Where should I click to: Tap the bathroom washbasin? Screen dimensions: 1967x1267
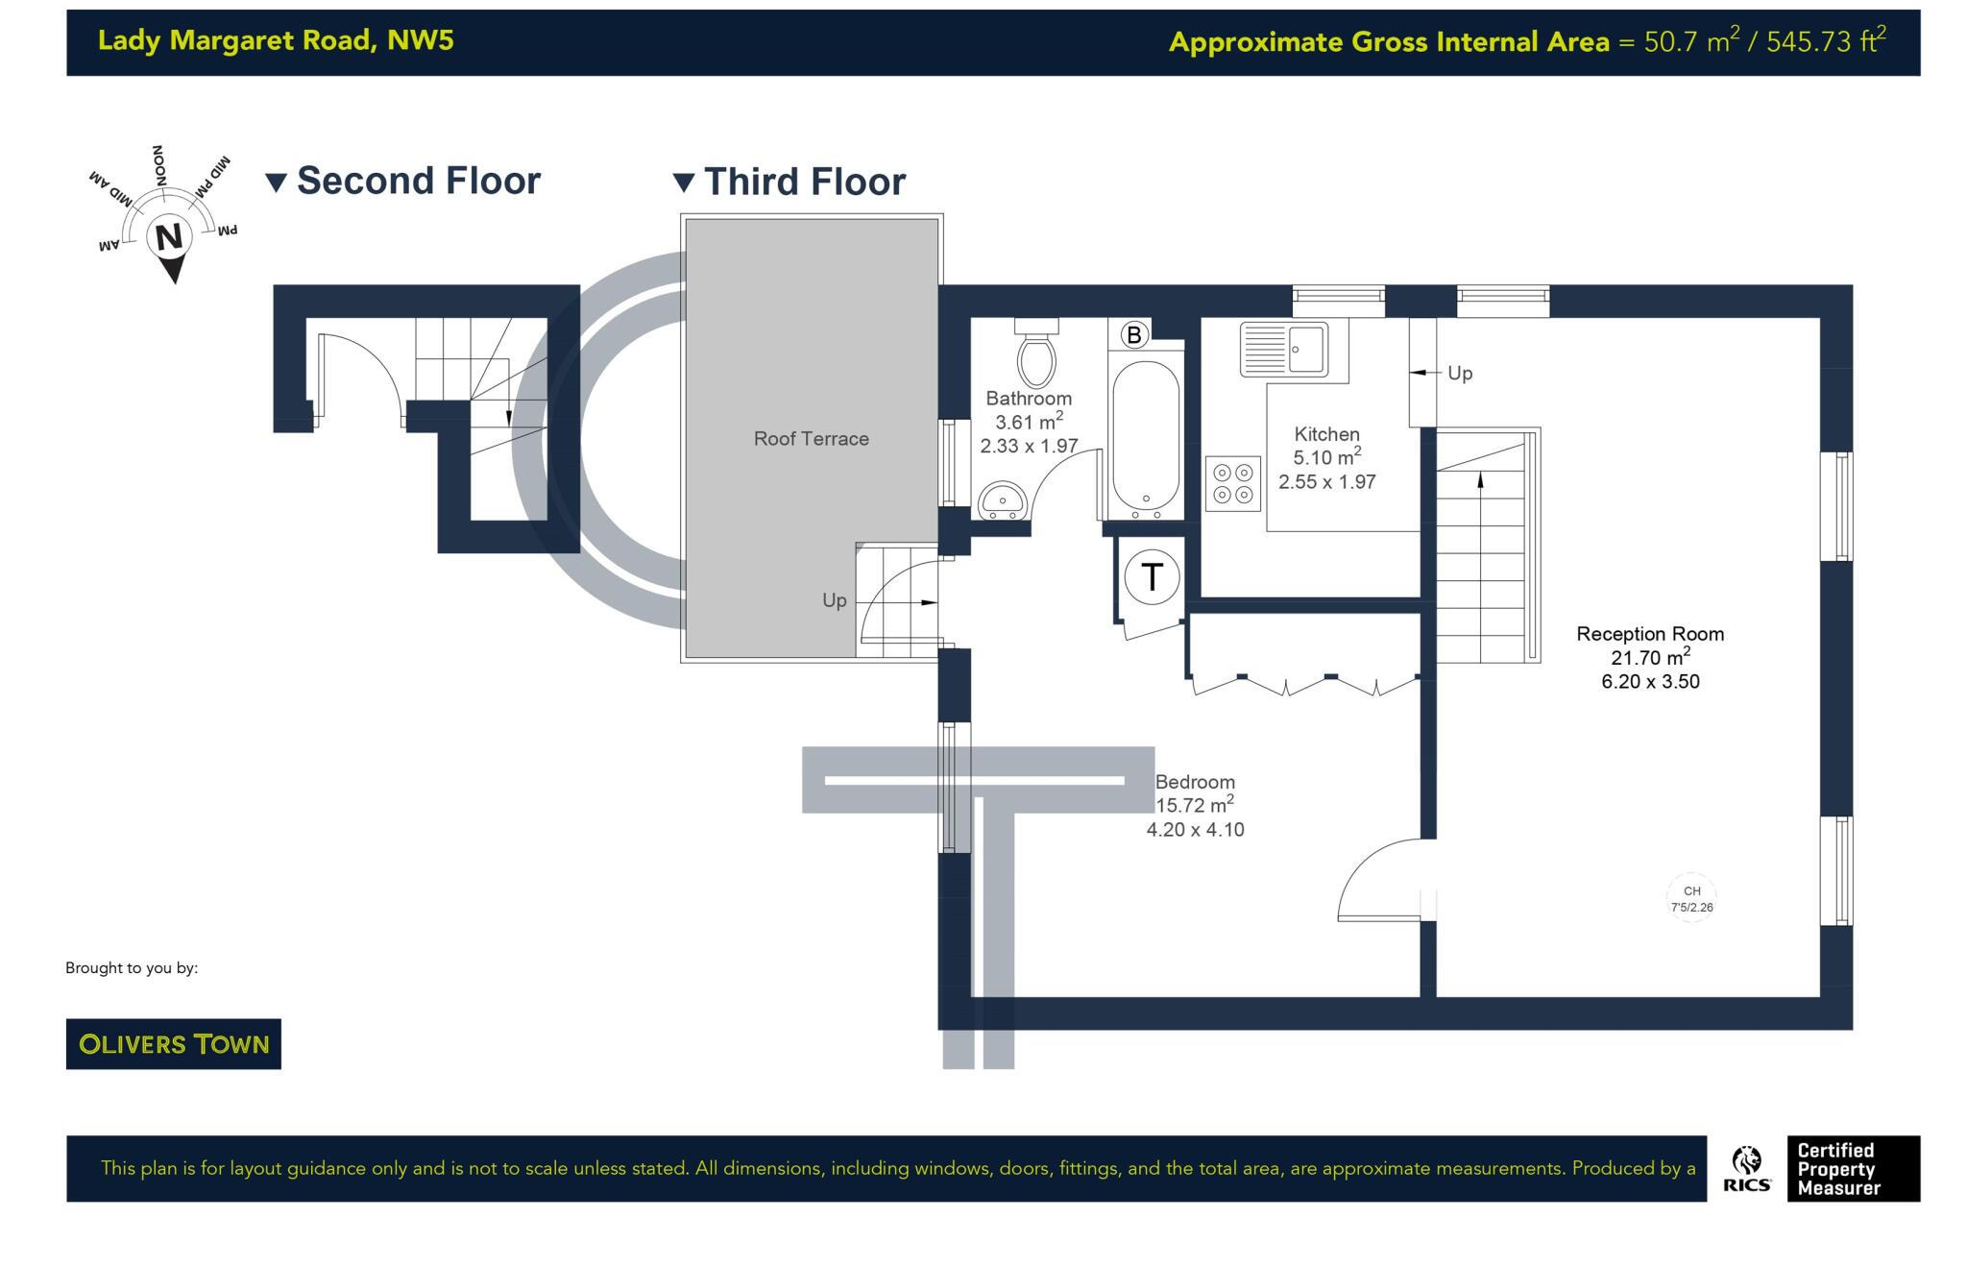point(1004,500)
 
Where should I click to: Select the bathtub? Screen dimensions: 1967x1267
point(1145,438)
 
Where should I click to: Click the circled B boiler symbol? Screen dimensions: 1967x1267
point(1134,334)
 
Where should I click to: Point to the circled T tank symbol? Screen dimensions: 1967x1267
point(1152,576)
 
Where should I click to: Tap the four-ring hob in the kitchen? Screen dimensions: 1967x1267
point(1233,483)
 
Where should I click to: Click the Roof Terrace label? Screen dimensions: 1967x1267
point(812,439)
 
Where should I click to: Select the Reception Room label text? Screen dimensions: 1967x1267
point(1650,634)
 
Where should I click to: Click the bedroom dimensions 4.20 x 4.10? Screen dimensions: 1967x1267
point(1195,830)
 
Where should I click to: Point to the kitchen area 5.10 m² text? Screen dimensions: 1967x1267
point(1327,456)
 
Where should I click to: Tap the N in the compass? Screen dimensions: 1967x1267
point(170,236)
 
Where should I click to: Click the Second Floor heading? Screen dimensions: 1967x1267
point(419,181)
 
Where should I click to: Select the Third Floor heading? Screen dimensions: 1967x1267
point(805,182)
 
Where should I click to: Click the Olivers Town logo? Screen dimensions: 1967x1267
point(174,1044)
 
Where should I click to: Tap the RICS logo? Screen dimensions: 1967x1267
point(1747,1169)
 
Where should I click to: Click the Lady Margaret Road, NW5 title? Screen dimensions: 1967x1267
point(276,40)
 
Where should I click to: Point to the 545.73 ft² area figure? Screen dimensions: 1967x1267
point(1826,41)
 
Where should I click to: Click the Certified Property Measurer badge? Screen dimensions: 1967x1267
point(1853,1169)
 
